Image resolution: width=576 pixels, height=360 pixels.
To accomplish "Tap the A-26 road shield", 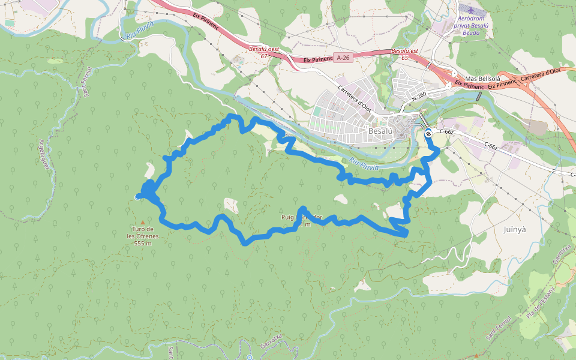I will coord(343,58).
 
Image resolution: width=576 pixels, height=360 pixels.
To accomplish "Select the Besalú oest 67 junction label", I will coord(264,52).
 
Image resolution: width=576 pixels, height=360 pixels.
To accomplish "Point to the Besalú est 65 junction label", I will coord(404,55).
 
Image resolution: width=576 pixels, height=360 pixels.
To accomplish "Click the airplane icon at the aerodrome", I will coord(468,11).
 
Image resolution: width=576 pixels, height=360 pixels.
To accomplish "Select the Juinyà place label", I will coord(515,229).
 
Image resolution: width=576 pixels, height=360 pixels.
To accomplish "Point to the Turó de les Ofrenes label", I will coord(142,236).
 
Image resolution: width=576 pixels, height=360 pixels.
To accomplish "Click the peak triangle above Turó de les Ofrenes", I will coord(142,223).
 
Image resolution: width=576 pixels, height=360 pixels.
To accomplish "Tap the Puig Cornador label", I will coord(302,221).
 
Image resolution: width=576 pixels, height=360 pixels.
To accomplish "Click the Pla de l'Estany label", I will coord(538,304).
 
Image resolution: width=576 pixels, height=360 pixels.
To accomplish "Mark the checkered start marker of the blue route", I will coord(428,134).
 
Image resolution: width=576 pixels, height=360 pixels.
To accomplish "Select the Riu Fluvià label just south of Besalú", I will coord(364,163).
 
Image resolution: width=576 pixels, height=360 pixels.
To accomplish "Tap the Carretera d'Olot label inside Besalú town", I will coord(355,99).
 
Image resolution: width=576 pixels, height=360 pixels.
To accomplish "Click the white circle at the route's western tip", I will coord(138,196).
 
